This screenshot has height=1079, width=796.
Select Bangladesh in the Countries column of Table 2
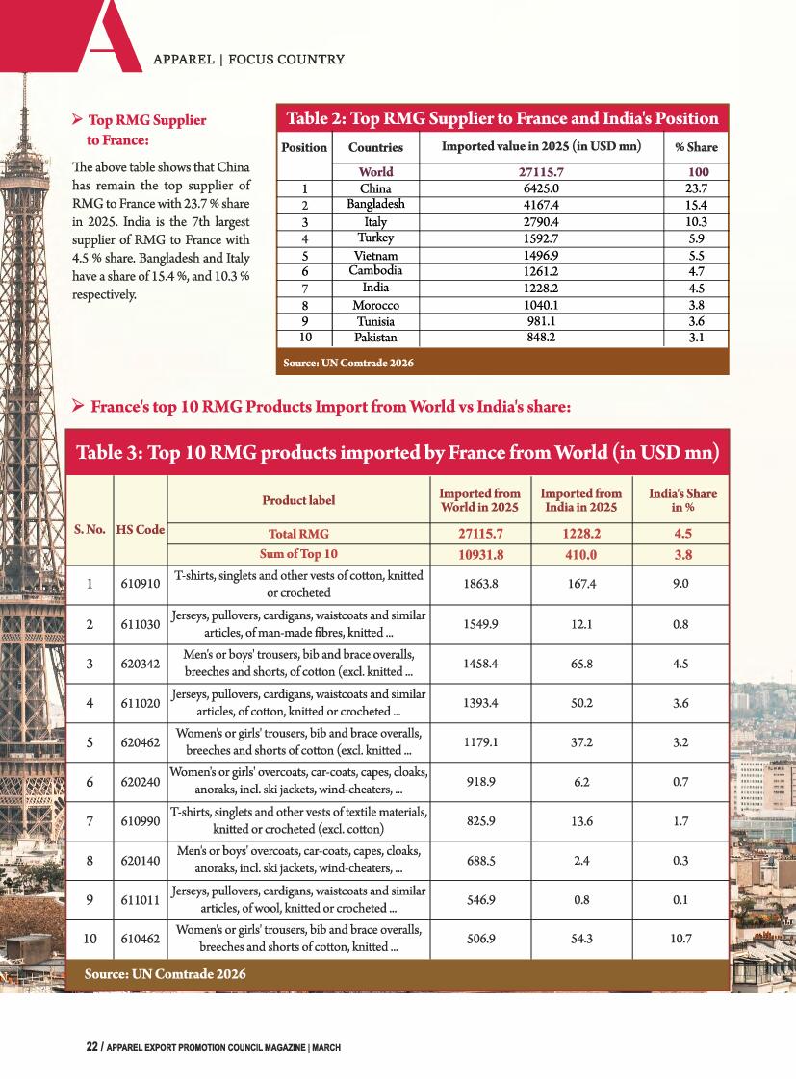click(x=375, y=204)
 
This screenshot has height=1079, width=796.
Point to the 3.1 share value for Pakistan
click(x=695, y=338)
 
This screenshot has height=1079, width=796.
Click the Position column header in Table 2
click(x=303, y=147)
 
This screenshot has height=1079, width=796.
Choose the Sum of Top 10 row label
click(x=298, y=554)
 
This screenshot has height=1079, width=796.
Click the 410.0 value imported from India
click(x=580, y=554)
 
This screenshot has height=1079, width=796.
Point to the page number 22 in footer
click(x=91, y=1047)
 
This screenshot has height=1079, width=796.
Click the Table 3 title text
click(x=398, y=452)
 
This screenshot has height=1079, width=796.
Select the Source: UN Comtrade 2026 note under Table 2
click(x=348, y=364)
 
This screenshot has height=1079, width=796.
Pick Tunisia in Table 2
click(x=375, y=321)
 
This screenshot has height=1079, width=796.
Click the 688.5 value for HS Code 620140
click(x=479, y=861)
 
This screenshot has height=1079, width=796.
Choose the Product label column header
click(x=298, y=500)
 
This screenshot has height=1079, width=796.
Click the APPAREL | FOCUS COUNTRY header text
click(x=248, y=60)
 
